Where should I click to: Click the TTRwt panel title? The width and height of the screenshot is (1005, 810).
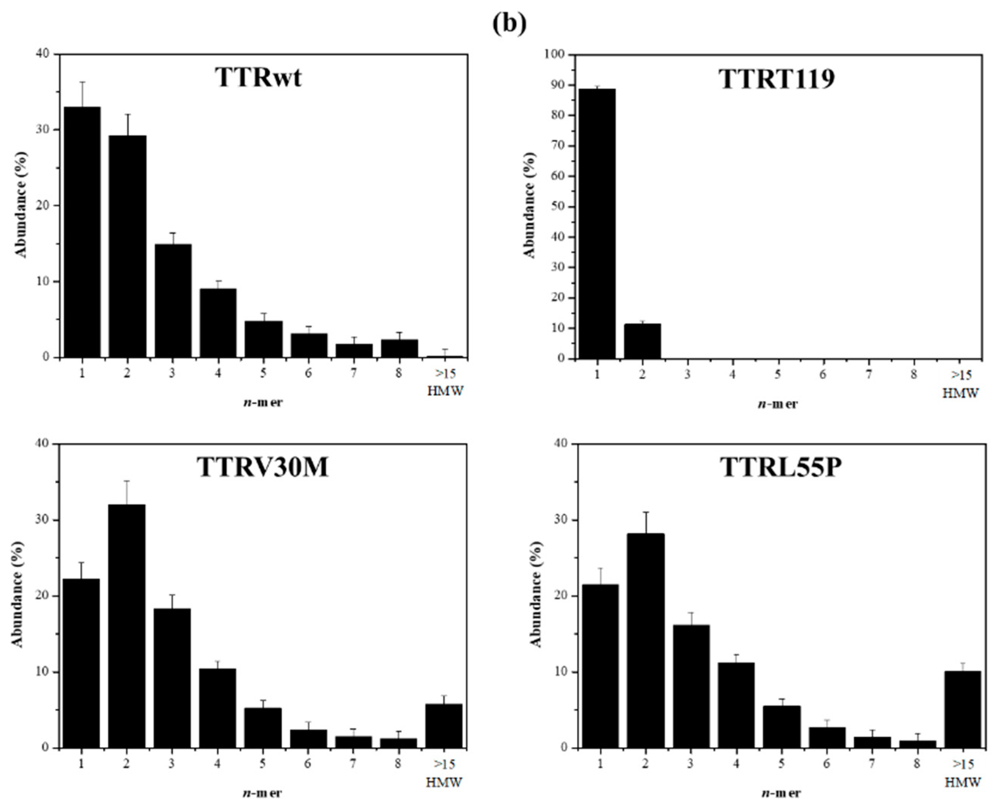point(258,77)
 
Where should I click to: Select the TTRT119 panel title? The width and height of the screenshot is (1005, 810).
point(777,79)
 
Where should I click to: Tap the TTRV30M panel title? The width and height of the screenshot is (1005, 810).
point(263,467)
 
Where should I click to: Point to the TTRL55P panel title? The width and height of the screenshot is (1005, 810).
point(781,467)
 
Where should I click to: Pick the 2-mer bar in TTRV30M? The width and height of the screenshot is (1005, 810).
point(126,626)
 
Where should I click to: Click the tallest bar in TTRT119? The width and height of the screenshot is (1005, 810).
point(597,224)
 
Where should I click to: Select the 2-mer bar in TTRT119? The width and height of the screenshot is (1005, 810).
point(642,341)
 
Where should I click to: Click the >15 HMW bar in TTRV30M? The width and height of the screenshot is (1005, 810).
point(443,725)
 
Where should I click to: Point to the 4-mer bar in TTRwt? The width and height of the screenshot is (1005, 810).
point(218,323)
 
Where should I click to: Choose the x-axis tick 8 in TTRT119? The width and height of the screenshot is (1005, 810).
point(913,374)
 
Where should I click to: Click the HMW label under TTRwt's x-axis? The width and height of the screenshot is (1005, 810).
point(445,391)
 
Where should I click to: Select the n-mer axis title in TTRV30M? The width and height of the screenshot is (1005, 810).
point(262,793)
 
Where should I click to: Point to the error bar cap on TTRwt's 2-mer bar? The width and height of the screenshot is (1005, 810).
point(127,114)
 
